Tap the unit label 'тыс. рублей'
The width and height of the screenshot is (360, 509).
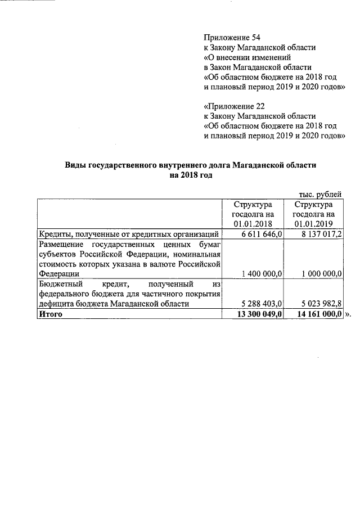point(319,194)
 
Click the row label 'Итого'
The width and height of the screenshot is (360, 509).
point(50,314)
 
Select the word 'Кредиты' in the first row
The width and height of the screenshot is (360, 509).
point(53,235)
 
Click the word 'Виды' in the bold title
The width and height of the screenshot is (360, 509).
point(74,165)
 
